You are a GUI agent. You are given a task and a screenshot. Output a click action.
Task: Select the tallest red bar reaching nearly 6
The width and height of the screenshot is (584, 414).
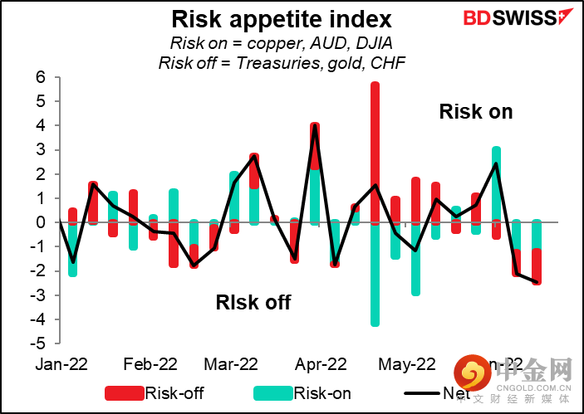click(375, 149)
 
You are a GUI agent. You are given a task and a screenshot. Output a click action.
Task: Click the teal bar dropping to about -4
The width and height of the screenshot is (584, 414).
click(375, 274)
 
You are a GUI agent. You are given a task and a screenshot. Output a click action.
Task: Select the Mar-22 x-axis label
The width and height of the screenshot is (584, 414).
click(231, 364)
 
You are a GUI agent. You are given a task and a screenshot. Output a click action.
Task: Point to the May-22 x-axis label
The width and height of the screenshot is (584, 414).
click(406, 364)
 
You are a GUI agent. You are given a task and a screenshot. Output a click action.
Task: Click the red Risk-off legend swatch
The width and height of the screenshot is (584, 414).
click(125, 393)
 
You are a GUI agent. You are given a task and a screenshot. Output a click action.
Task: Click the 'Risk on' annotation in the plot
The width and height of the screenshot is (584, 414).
click(476, 112)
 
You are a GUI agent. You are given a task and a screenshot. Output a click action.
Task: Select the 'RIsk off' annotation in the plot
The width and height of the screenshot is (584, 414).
click(254, 302)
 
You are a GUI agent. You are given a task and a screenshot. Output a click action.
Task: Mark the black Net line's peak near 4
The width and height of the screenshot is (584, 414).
click(315, 125)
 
